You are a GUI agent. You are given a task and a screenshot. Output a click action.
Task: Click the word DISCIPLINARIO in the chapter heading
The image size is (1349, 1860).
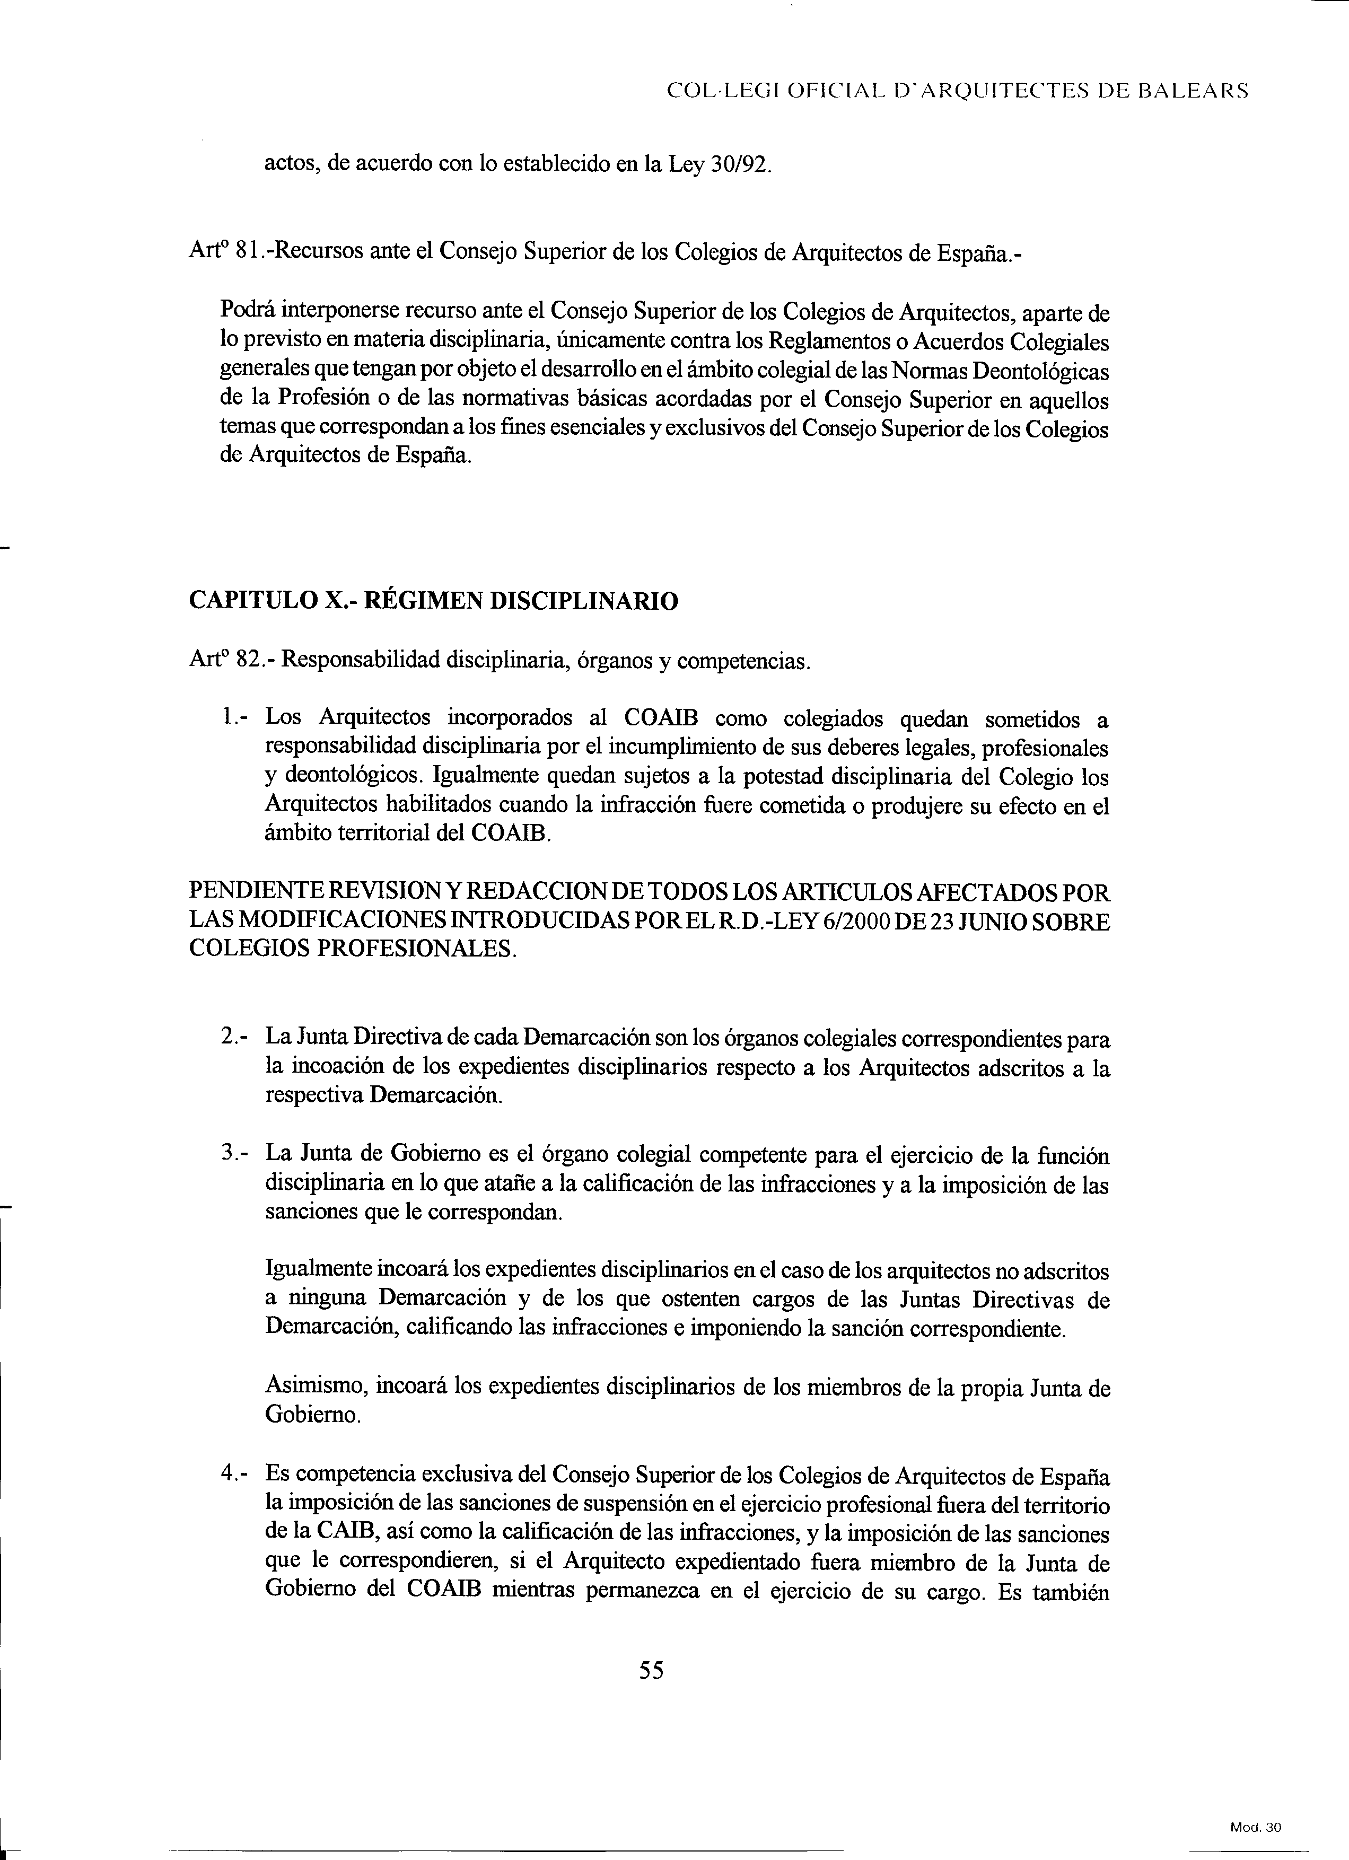pyautogui.click(x=584, y=602)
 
